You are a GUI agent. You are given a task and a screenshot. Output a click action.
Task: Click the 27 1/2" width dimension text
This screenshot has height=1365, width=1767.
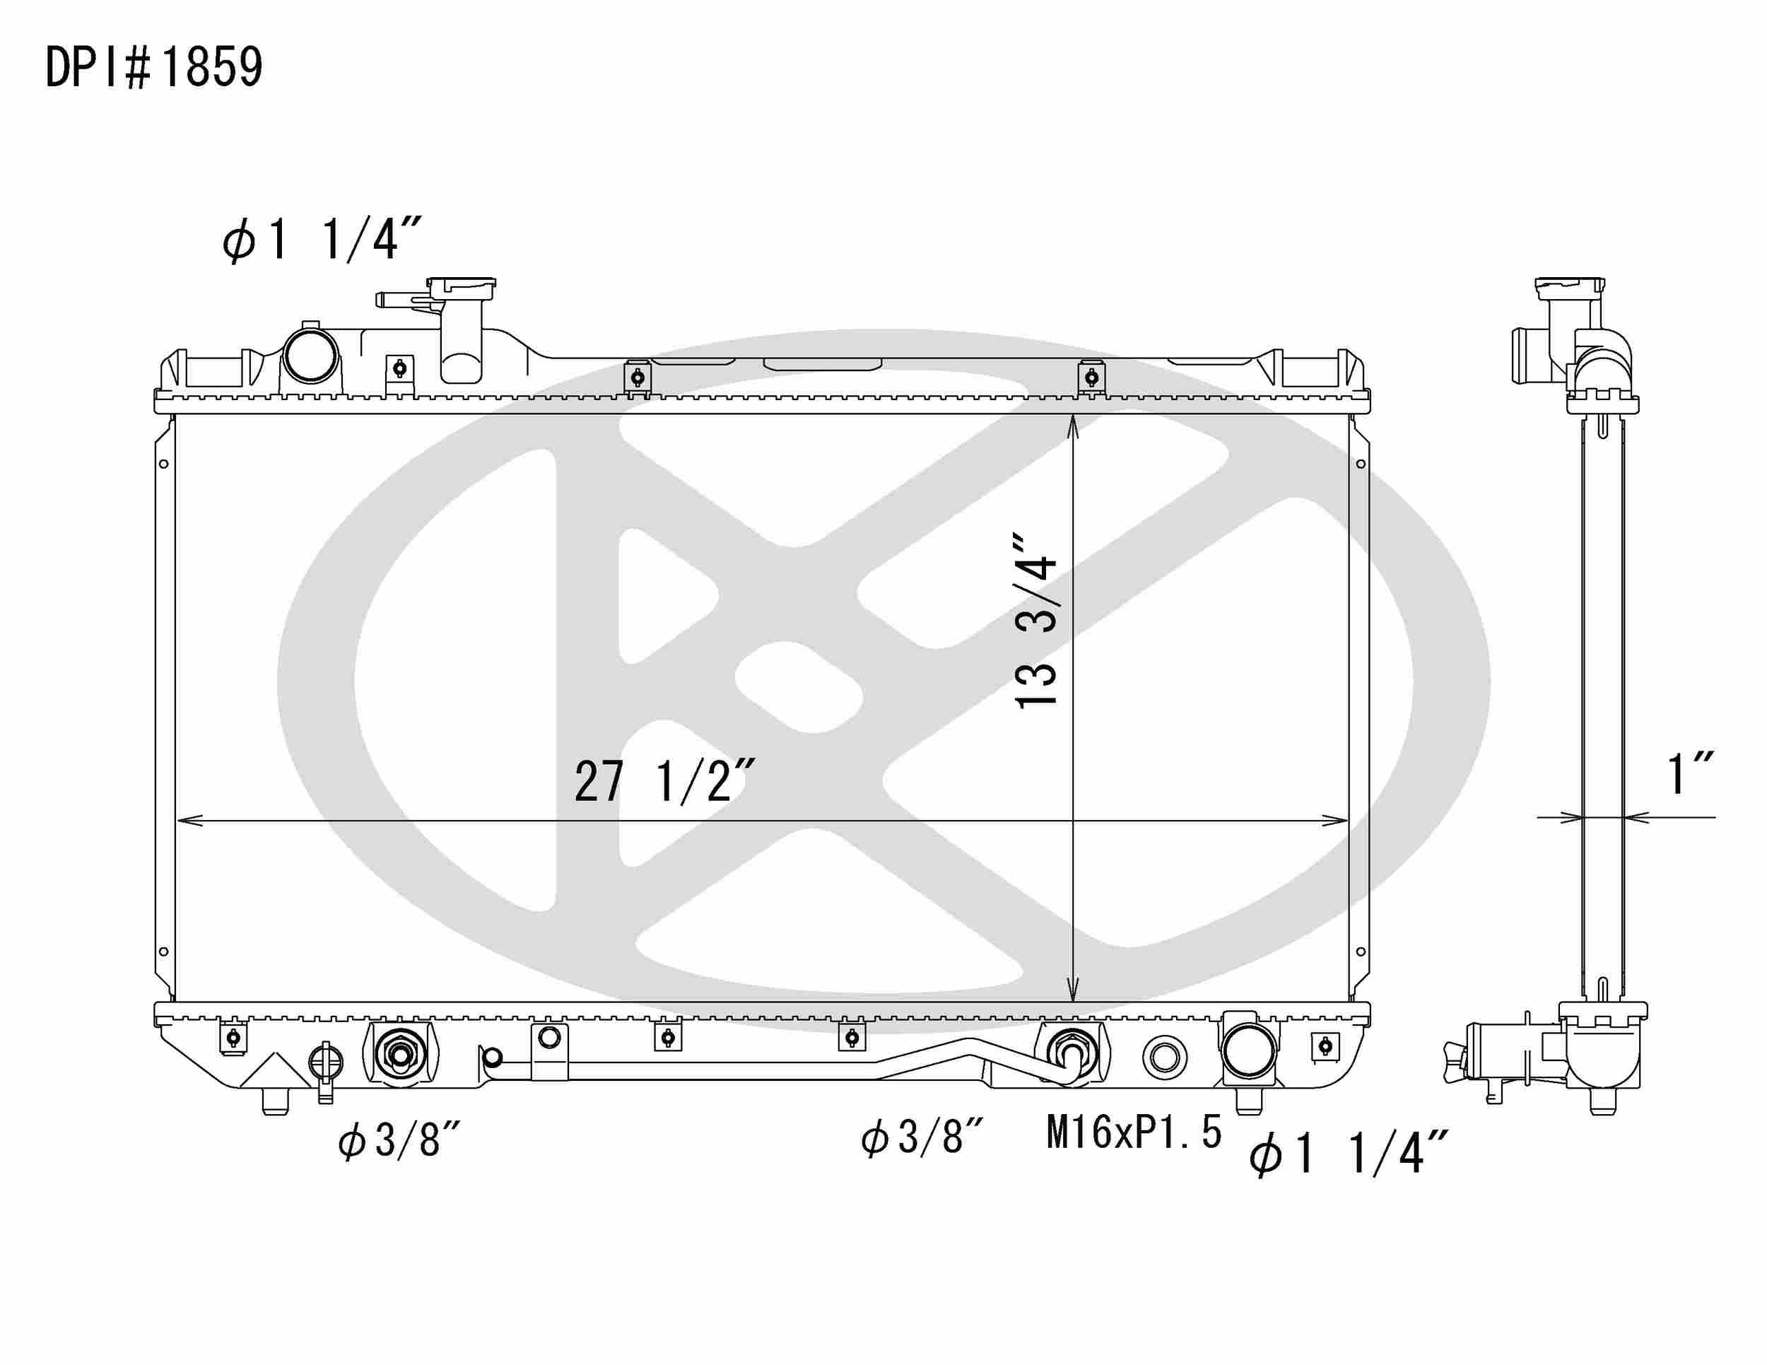pyautogui.click(x=664, y=782)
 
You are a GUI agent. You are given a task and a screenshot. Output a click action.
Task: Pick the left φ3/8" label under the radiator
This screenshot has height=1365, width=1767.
pyautogui.click(x=399, y=1142)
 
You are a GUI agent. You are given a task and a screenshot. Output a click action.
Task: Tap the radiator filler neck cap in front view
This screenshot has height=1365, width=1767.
pyautogui.click(x=461, y=288)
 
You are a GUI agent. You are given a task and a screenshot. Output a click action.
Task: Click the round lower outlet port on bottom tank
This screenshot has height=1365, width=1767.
pyautogui.click(x=1248, y=1050)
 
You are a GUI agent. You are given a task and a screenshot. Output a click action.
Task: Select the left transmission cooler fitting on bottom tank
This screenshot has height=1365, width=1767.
pyautogui.click(x=399, y=1054)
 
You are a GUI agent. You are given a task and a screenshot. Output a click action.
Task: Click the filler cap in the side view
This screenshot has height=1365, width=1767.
pyautogui.click(x=1569, y=288)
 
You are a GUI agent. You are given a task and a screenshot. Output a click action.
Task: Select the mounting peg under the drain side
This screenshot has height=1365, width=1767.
pyautogui.click(x=276, y=1102)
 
